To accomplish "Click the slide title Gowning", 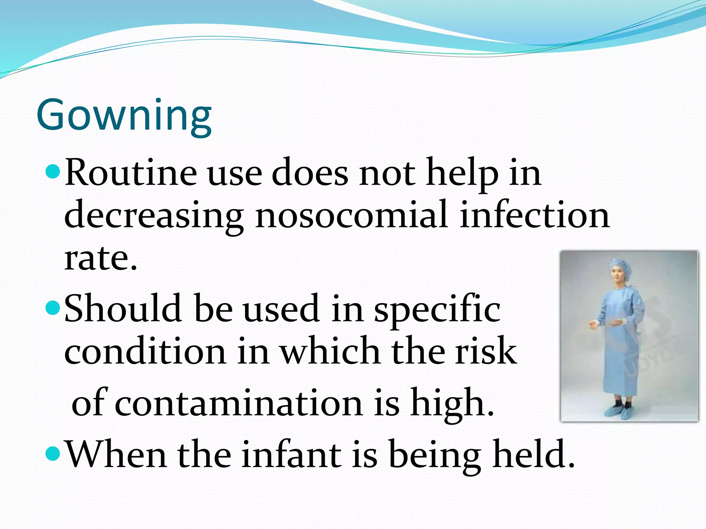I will pos(124,115).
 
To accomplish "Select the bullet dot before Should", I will pos(53,306).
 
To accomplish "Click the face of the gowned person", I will pos(618,276).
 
